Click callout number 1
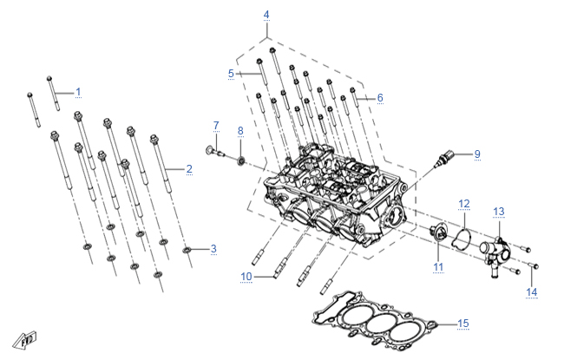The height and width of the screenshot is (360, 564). [78, 92]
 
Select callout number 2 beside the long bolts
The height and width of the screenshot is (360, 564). [189, 169]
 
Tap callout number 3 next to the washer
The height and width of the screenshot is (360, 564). [213, 249]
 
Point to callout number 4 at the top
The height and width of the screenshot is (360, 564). [266, 15]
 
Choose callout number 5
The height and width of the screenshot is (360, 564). [231, 74]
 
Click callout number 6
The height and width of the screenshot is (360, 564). [380, 98]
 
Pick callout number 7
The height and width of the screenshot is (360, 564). [216, 126]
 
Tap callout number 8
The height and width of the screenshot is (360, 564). [240, 131]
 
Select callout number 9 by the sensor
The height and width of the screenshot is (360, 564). [477, 154]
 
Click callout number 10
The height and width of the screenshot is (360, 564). [246, 277]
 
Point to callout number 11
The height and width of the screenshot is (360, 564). [438, 267]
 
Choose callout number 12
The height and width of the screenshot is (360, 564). [464, 204]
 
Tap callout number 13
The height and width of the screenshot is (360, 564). [499, 212]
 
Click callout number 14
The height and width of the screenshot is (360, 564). [532, 292]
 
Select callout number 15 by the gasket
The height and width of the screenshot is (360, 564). [463, 324]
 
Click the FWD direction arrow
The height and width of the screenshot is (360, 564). [25, 340]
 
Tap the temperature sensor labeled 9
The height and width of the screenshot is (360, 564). [444, 159]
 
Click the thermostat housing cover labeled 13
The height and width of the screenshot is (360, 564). [495, 255]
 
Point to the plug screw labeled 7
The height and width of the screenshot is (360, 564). [214, 152]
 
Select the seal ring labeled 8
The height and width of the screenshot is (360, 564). [241, 160]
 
